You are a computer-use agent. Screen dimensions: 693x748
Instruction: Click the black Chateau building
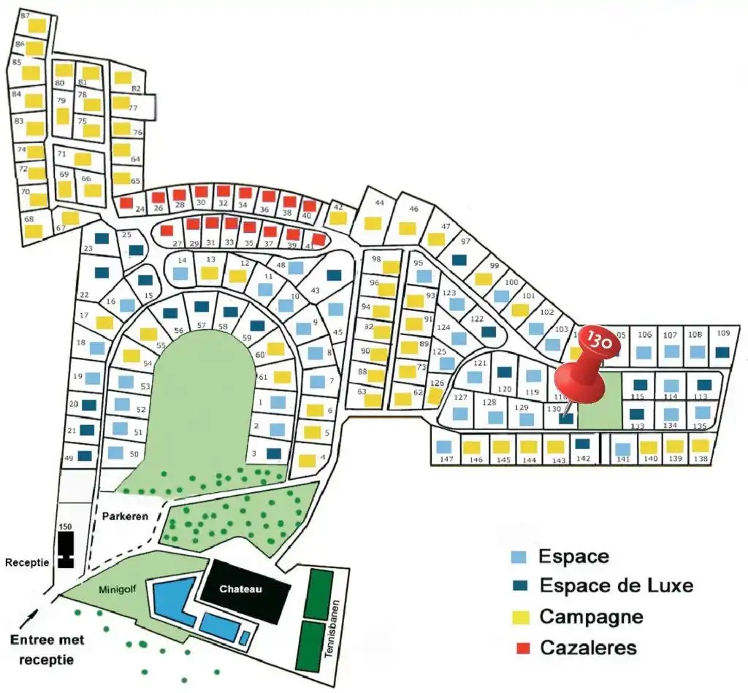coord(241,591)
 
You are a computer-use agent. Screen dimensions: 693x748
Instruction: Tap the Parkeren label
coord(125,516)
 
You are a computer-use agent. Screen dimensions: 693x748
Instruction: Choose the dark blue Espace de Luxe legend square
coord(518,586)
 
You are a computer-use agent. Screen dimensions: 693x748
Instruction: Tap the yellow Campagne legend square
coord(518,617)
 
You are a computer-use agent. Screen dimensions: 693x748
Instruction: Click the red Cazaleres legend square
coord(518,647)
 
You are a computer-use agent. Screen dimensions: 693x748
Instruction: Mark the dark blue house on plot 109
coord(722,352)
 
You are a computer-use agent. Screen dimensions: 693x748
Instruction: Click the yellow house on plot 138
coord(701,445)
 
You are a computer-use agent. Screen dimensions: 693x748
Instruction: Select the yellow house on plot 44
coord(373,223)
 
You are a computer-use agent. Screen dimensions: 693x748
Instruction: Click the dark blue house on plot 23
coord(102,239)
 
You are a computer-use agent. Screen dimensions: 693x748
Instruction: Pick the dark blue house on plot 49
coord(85,456)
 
